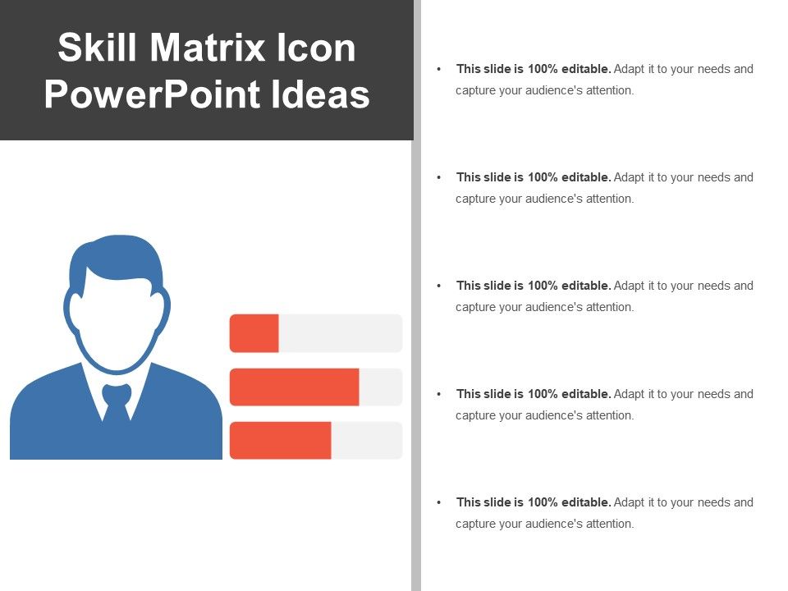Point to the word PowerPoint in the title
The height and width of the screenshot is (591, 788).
(x=152, y=94)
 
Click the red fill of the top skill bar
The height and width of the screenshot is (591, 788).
(x=254, y=333)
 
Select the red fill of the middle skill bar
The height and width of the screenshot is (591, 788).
(x=294, y=387)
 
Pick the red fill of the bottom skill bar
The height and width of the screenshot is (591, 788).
(x=280, y=440)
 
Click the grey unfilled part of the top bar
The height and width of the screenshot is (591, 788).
(x=340, y=333)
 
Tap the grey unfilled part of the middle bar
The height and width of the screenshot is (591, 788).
(x=380, y=387)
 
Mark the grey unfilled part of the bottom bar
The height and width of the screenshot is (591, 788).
(x=366, y=440)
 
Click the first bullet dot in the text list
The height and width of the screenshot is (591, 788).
(x=440, y=70)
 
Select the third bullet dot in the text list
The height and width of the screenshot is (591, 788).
(x=440, y=286)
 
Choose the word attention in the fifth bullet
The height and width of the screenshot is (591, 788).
(x=610, y=524)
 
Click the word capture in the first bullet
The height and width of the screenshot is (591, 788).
(x=476, y=90)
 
